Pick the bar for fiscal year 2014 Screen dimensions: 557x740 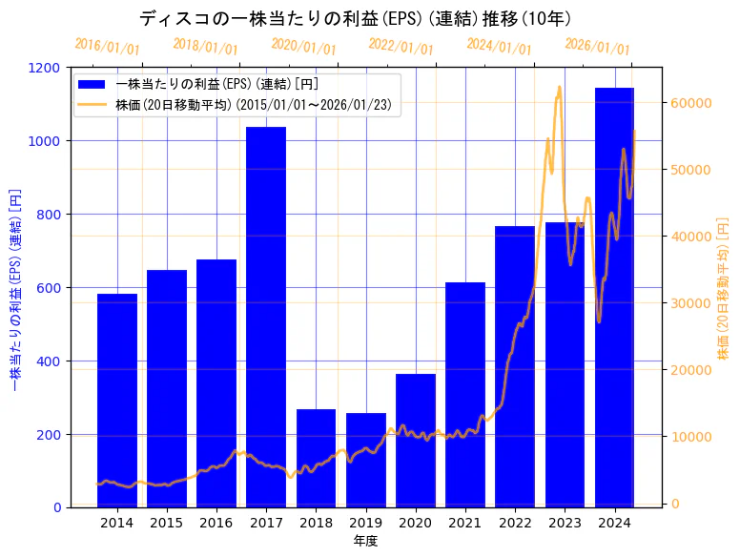117,401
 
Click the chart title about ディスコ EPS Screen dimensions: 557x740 355,18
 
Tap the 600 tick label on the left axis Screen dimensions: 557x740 46,288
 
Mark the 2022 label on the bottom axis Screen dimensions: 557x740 515,523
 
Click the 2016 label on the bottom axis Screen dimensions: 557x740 216,523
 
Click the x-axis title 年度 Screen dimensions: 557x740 365,541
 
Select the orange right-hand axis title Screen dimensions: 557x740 724,287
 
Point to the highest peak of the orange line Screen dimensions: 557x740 559,88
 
